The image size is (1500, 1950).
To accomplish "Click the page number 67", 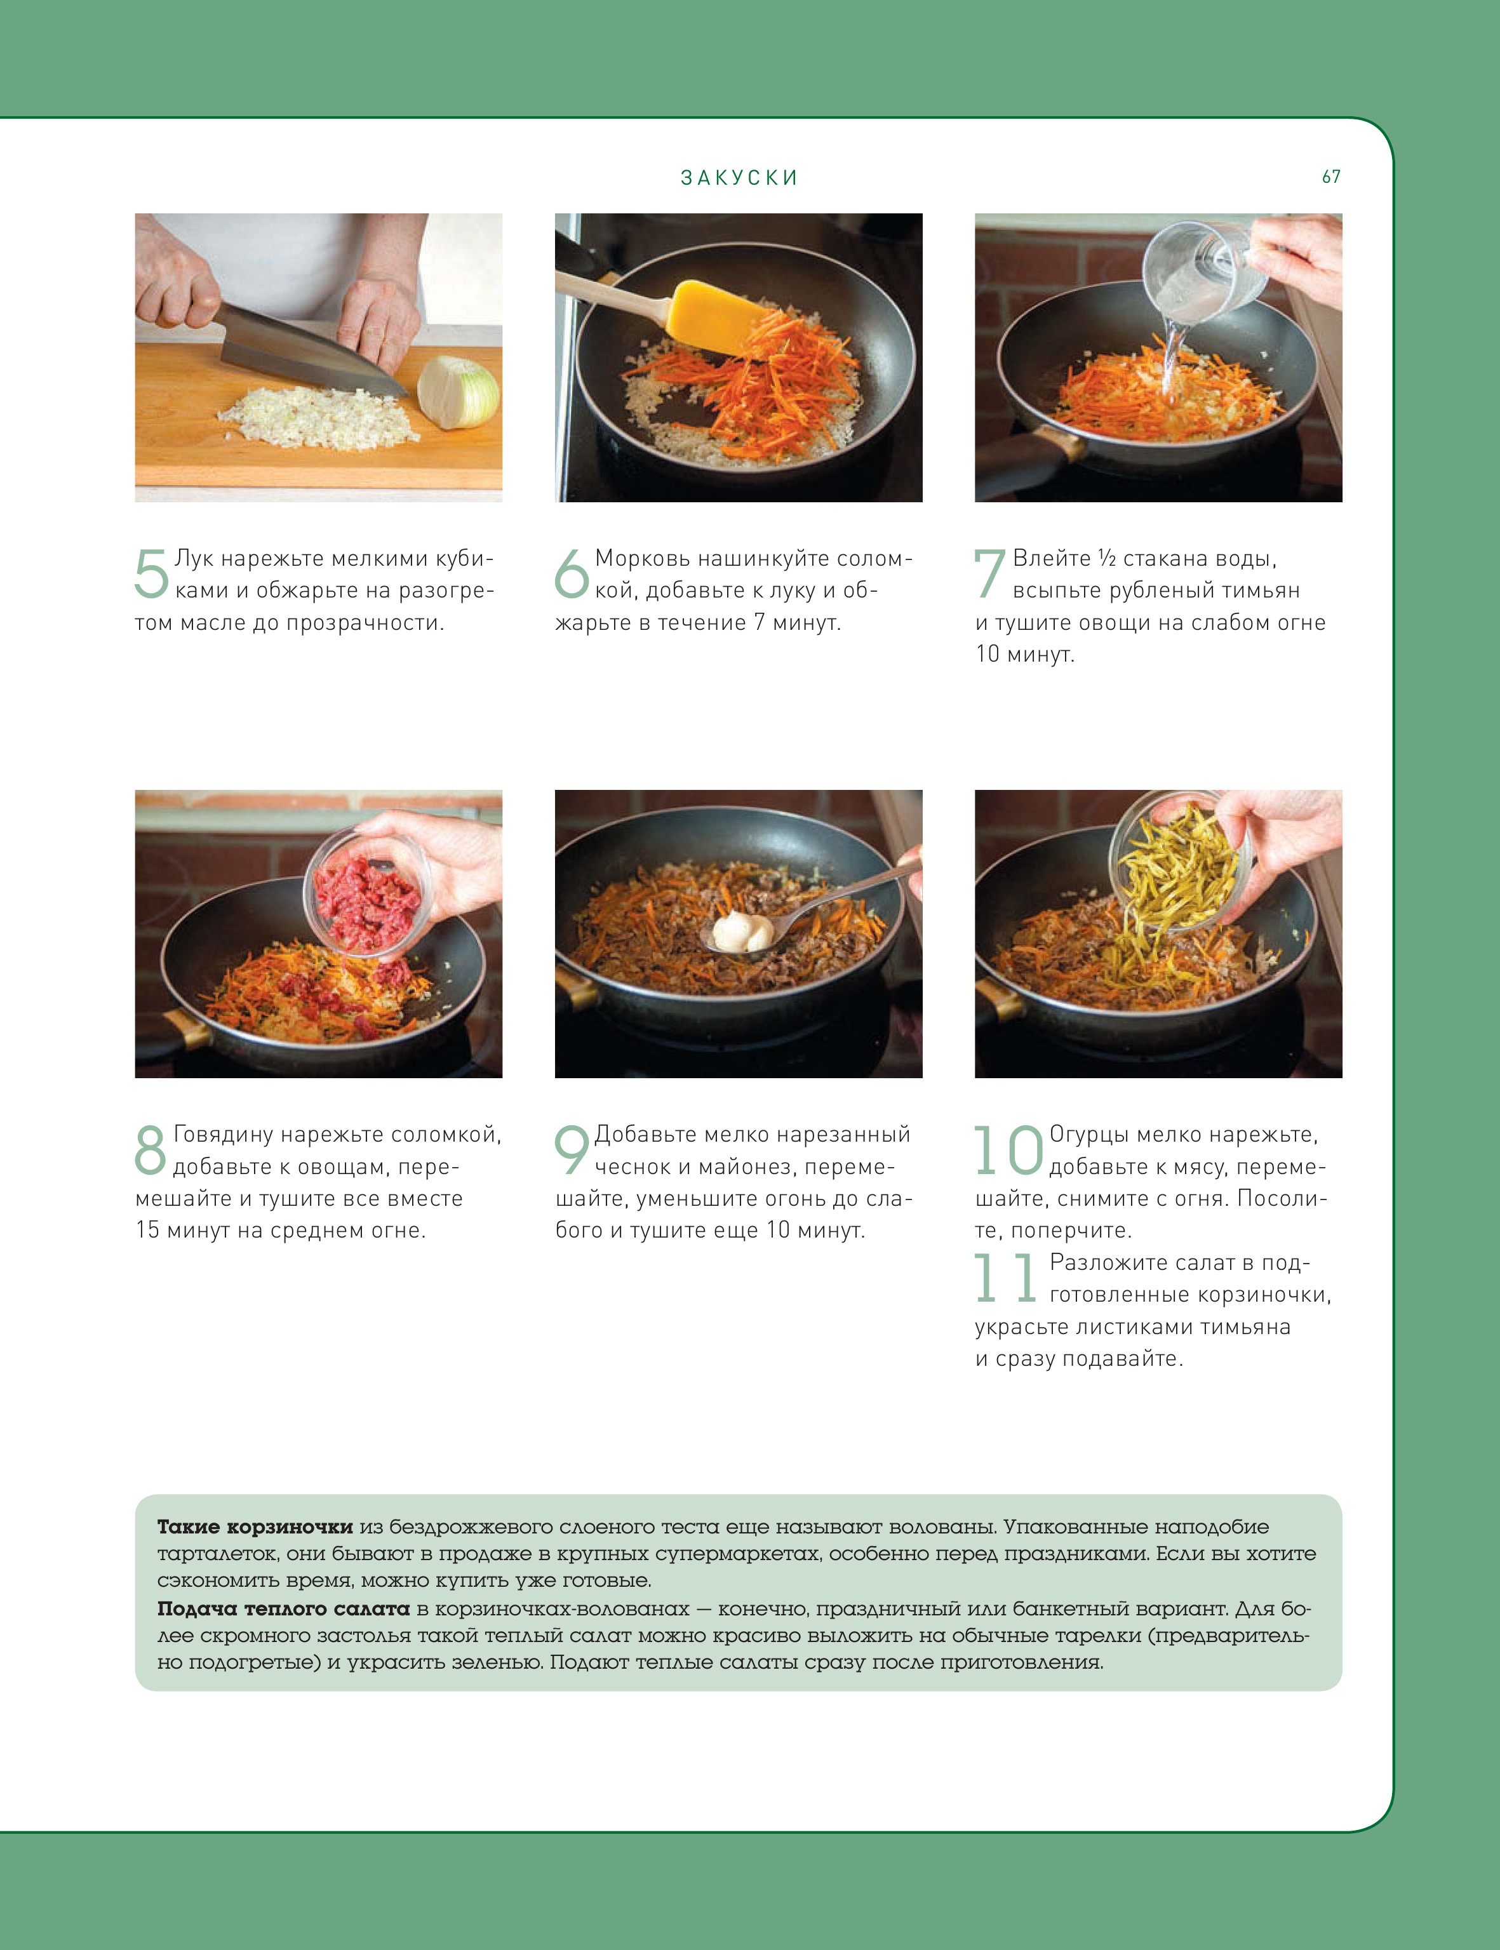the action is coord(1331,177).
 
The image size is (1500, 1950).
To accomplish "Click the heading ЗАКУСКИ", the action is coord(739,178).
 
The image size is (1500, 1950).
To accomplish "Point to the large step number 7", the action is coord(989,573).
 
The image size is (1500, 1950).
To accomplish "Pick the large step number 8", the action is coord(150,1149).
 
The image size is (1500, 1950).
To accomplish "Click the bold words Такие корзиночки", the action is coord(255,1528).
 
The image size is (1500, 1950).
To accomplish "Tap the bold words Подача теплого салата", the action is coord(284,1609).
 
